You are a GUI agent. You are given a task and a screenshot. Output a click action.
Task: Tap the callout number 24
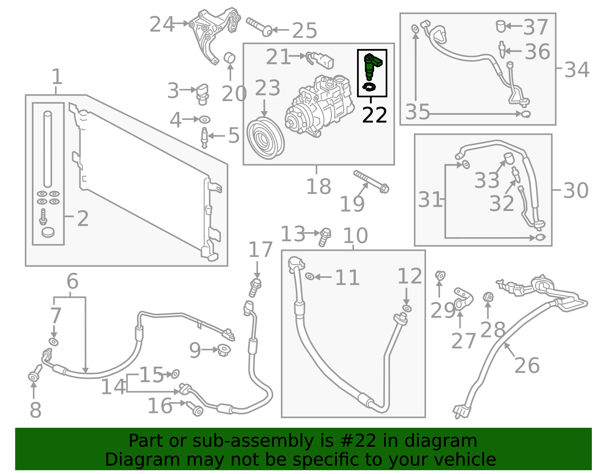pos(162,24)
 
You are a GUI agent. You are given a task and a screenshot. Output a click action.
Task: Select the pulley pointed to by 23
pos(265,138)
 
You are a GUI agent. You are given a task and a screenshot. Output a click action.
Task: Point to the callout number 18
pos(319,186)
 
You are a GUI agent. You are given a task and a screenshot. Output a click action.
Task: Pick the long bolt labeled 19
pos(371,181)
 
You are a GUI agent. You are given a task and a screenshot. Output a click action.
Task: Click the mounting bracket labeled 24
pos(214,35)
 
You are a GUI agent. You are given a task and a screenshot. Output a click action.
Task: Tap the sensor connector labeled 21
pos(320,60)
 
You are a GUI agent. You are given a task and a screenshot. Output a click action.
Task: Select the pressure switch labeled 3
pos(203,94)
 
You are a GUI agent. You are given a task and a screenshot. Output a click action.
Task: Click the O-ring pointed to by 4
pos(205,120)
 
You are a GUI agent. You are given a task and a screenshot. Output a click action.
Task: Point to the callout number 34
pos(577,69)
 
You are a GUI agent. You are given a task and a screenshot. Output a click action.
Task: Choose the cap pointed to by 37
pos(501,26)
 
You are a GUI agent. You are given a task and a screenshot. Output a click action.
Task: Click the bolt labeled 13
pos(325,237)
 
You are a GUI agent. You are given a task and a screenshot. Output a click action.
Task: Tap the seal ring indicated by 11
pos(310,277)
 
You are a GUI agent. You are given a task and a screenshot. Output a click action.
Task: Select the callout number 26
pos(527,365)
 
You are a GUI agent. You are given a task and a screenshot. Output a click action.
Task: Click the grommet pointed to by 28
pos(488,297)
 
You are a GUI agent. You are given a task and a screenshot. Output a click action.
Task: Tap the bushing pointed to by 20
pos(230,58)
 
